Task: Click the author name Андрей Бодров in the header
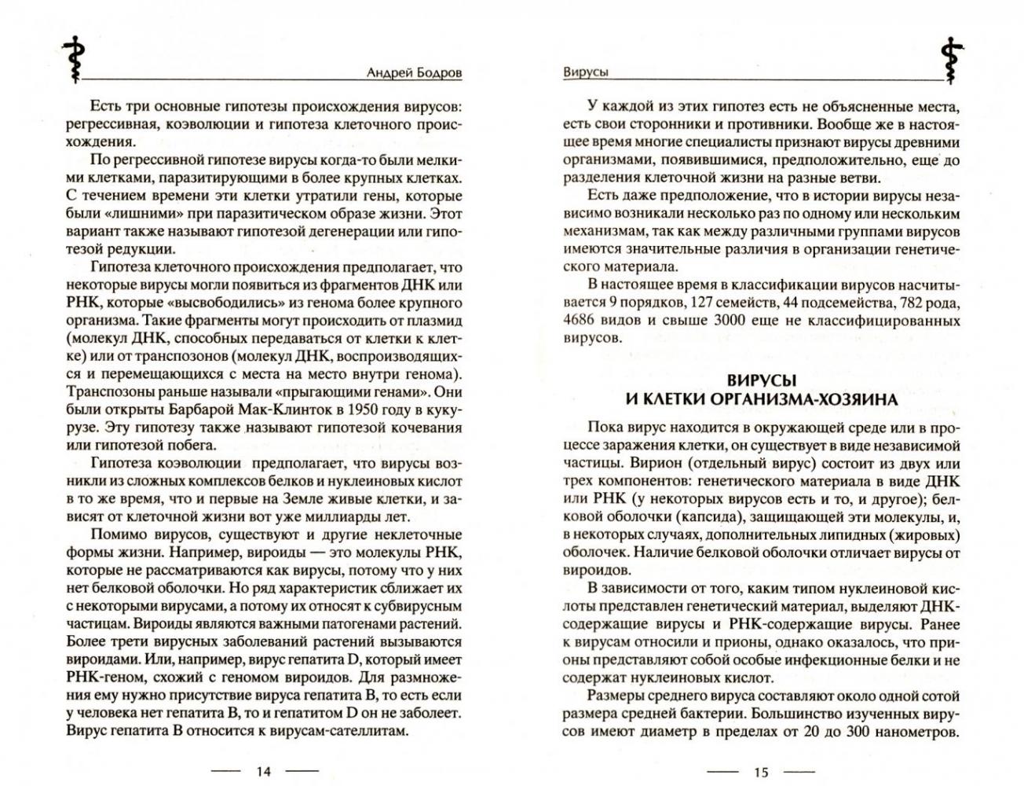415,72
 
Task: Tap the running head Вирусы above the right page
586,72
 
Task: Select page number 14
263,772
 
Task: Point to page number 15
760,772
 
